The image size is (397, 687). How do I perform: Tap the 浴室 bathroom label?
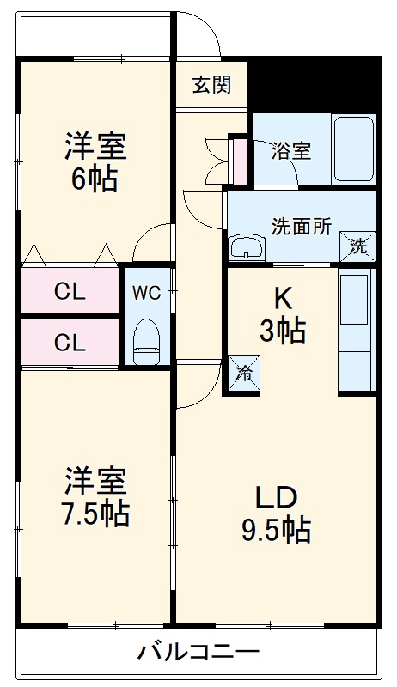tap(291, 150)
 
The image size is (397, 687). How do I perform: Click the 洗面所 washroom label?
tap(302, 227)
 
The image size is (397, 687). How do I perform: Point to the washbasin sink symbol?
tap(250, 246)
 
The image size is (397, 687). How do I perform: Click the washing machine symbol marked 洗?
tap(357, 246)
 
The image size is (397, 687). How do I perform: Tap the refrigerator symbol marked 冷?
tap(243, 374)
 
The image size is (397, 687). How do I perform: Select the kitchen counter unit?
tap(357, 330)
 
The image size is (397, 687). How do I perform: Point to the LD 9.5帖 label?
tap(275, 513)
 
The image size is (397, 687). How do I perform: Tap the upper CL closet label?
tap(70, 292)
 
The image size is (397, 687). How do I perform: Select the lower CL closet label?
tap(70, 343)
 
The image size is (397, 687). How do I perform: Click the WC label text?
tap(146, 292)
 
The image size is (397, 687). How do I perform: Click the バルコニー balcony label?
tap(198, 652)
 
